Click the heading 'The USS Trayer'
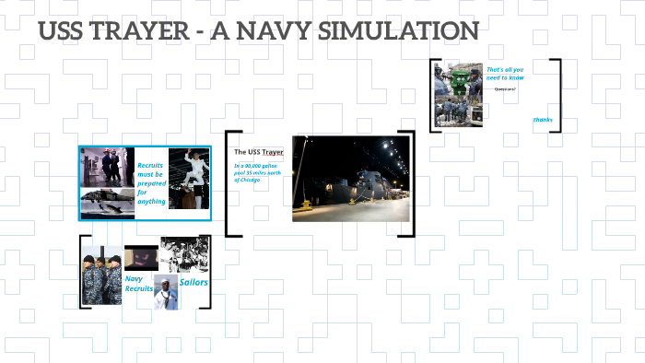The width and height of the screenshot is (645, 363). coord(259,151)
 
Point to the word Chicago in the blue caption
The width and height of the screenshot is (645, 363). coord(247,180)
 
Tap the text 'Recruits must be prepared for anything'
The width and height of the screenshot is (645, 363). coord(151,176)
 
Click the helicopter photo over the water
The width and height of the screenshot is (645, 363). coord(108,203)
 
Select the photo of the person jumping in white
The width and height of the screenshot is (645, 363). coord(189,178)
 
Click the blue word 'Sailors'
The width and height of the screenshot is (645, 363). coord(193,282)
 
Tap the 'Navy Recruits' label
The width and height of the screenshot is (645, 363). coord(139,283)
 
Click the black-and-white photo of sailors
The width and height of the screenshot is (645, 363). coord(184,254)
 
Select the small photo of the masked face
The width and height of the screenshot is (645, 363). coord(141,256)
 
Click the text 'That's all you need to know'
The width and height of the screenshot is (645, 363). coord(505,74)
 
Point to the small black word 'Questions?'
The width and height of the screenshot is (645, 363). coord(505,89)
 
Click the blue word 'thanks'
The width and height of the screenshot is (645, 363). coord(543,120)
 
